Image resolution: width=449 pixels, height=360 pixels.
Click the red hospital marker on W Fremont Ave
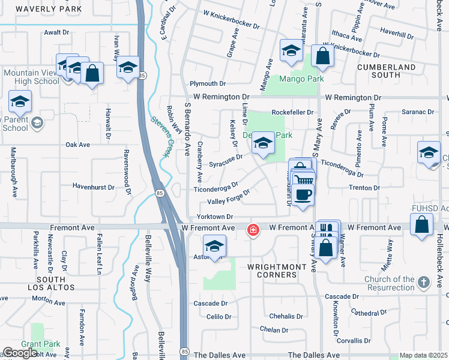pos(253,230)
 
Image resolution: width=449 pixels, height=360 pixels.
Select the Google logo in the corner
pos(20,353)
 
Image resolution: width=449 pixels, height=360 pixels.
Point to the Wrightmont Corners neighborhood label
pos(273,270)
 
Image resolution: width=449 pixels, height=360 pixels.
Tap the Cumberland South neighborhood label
pos(387,71)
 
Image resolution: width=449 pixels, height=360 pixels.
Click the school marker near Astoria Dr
pos(214,246)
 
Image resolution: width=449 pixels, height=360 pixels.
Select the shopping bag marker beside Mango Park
pos(323,57)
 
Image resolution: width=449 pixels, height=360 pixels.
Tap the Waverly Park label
pos(40,9)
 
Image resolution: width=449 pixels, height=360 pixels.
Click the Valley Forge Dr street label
pos(228,196)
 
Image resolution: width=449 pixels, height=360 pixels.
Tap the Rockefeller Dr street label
pos(292,112)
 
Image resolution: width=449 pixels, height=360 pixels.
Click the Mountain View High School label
pos(31,77)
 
